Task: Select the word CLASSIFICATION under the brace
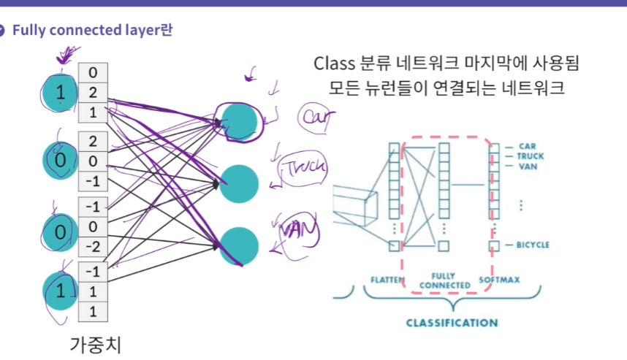(x=452, y=322)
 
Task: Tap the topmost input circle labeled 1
(x=61, y=93)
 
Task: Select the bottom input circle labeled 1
(x=61, y=291)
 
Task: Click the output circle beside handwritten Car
(x=240, y=121)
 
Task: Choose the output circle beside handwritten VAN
(x=240, y=247)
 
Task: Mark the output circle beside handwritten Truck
(x=240, y=184)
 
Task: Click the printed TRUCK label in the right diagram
(x=530, y=156)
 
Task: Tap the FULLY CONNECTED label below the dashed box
(x=441, y=280)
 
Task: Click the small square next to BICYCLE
(x=495, y=245)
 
